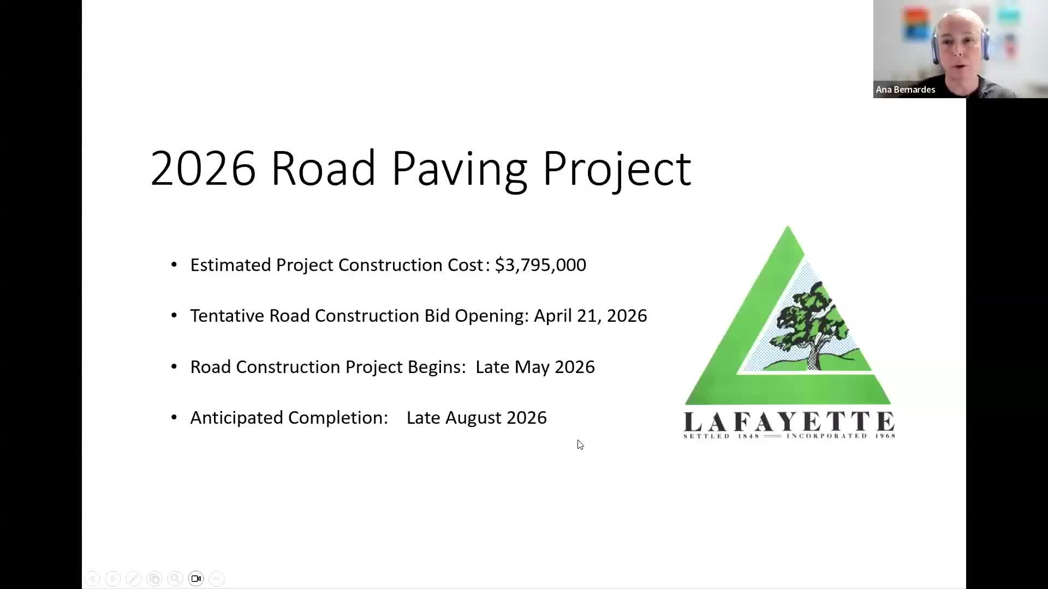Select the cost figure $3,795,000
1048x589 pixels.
540,265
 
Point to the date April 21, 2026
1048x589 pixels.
590,316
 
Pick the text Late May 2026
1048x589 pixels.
535,367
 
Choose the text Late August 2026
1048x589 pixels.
477,418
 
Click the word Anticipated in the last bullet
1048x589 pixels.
236,418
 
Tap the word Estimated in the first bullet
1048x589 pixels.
230,265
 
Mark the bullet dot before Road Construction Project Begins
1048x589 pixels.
174,366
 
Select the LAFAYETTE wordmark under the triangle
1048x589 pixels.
789,421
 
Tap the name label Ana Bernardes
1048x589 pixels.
906,89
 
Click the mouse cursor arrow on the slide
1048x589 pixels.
580,444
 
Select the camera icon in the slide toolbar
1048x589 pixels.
196,579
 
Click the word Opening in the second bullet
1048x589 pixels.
491,316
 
